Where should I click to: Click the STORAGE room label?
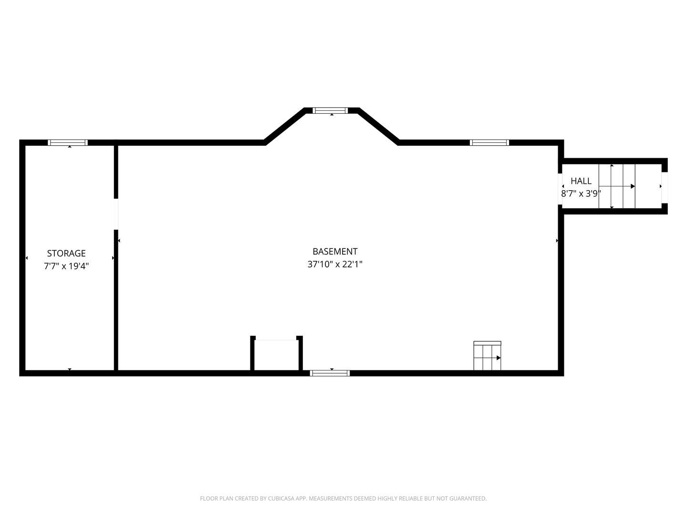tap(66, 253)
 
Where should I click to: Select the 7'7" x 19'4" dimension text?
tap(66, 266)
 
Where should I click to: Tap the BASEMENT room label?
tap(335, 251)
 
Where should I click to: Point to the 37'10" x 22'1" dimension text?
tap(335, 264)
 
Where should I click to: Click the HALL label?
tap(581, 181)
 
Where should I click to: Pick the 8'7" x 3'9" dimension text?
tap(581, 193)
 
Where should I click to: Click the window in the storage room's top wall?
tap(68, 142)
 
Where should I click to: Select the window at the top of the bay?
tap(330, 110)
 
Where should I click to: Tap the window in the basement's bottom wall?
tap(330, 373)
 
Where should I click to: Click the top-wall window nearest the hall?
tap(489, 142)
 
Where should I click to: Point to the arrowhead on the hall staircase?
tap(633, 186)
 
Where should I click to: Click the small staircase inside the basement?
tap(487, 356)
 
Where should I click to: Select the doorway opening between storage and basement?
tap(116, 214)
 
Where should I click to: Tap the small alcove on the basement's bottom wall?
tap(277, 355)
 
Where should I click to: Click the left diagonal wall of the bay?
tap(285, 126)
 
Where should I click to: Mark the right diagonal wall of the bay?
tap(378, 126)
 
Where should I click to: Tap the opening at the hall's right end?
tap(664, 187)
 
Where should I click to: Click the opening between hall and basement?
tap(560, 189)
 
